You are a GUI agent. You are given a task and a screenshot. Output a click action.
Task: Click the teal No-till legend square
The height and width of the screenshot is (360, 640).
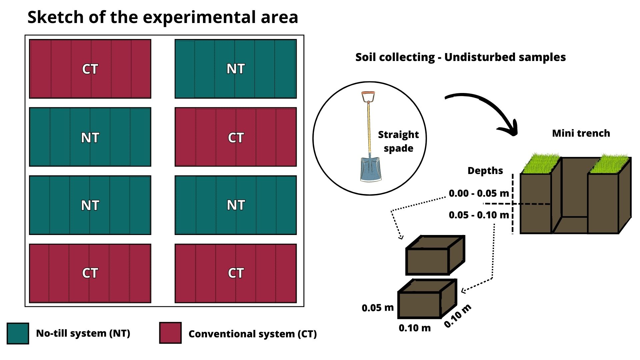click(x=18, y=333)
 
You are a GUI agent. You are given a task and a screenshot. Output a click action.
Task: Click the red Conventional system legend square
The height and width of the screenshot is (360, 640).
click(x=170, y=333)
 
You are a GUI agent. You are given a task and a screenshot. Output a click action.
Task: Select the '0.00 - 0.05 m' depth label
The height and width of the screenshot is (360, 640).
click(x=479, y=193)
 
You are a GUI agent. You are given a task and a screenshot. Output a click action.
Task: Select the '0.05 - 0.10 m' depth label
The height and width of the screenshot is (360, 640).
click(x=479, y=215)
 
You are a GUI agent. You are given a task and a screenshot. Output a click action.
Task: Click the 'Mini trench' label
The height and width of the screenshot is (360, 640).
click(x=581, y=133)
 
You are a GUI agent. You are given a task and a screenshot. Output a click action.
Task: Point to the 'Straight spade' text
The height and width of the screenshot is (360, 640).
click(x=398, y=141)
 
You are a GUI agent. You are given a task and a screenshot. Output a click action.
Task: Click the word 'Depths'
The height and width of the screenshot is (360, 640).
click(x=485, y=171)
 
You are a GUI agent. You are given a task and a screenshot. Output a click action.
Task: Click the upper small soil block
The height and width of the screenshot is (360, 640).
click(x=433, y=257)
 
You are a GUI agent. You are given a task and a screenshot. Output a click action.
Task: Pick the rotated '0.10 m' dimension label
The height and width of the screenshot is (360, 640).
click(x=458, y=316)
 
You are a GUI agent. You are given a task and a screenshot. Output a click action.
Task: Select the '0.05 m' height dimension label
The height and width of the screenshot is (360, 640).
click(x=378, y=308)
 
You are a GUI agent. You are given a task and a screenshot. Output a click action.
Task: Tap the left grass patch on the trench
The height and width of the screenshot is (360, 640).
click(x=540, y=163)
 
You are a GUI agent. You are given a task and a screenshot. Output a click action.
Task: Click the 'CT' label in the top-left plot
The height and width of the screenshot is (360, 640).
click(x=90, y=69)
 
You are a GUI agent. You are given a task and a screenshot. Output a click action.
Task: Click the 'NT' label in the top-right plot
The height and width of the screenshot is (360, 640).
click(x=236, y=69)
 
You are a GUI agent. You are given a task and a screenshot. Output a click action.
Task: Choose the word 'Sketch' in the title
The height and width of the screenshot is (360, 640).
click(x=55, y=17)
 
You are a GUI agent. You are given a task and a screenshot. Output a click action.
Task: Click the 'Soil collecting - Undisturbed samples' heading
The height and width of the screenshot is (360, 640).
click(x=460, y=57)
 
